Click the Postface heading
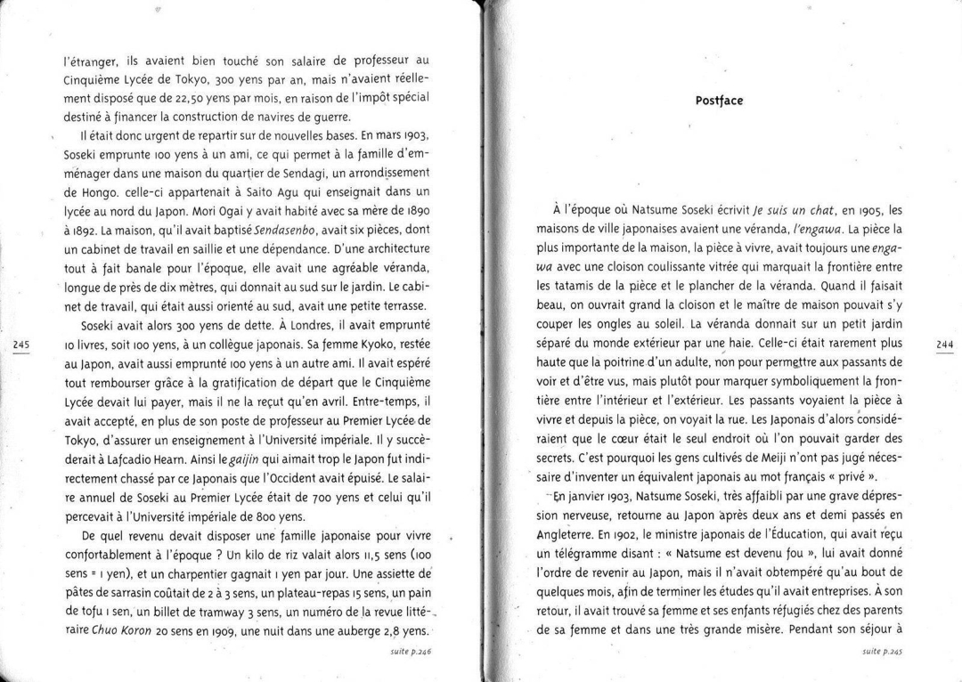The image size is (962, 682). (719, 101)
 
